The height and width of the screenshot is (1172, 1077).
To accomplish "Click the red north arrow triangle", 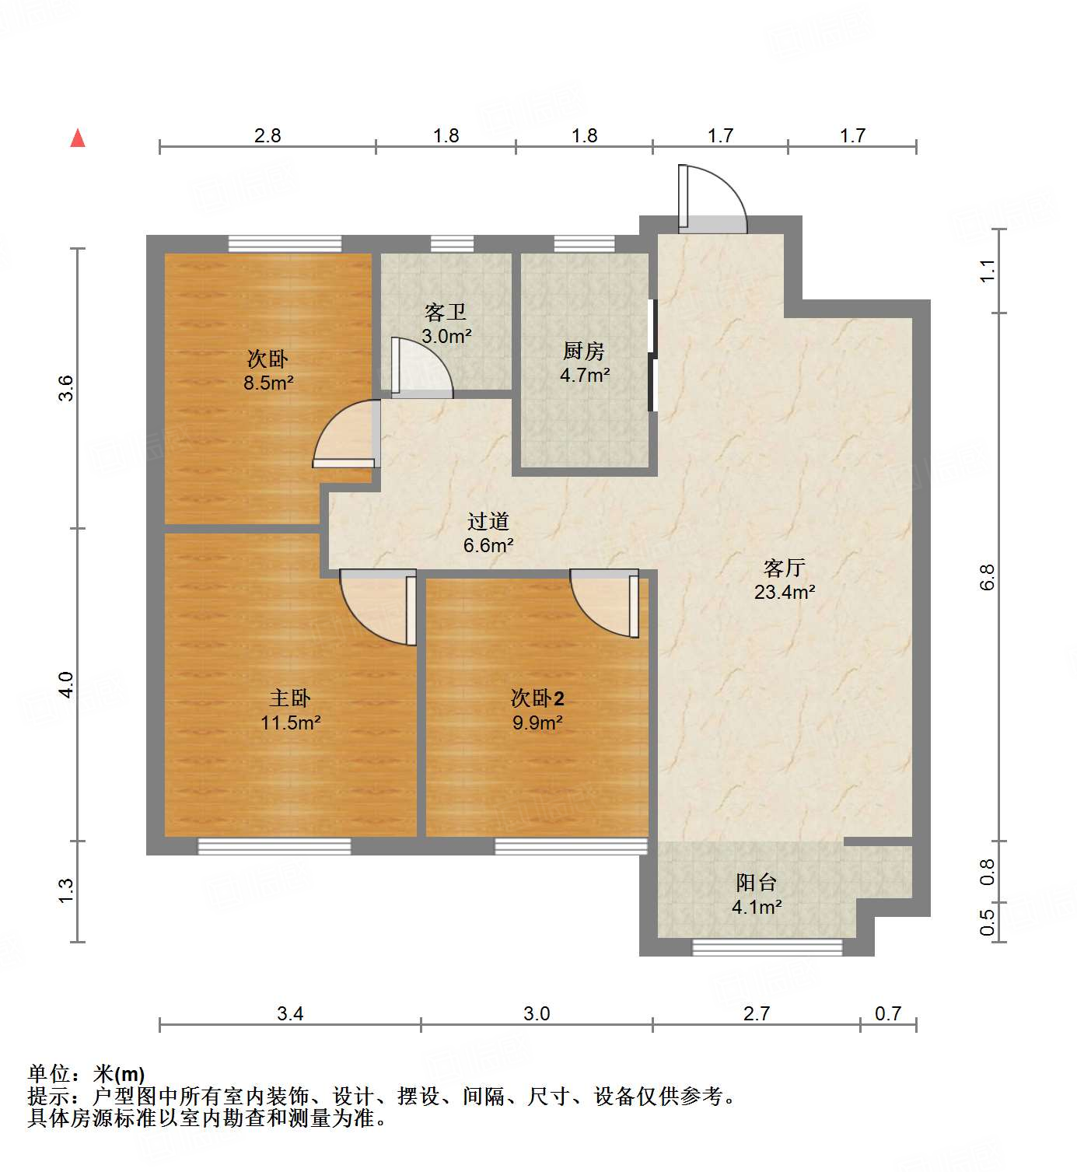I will click(78, 138).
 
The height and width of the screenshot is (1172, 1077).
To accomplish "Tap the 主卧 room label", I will click(290, 698).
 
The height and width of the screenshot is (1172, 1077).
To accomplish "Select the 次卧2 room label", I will click(537, 698).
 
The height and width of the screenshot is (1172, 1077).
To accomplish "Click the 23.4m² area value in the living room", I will click(785, 593).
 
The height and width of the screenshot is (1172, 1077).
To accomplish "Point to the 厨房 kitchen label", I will click(584, 352).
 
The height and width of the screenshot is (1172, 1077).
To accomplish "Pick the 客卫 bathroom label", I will click(446, 313).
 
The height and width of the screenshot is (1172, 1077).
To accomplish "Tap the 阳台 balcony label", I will click(757, 883).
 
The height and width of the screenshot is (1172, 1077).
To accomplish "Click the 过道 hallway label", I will click(488, 522).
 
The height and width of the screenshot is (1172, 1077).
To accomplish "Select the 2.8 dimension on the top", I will click(268, 136).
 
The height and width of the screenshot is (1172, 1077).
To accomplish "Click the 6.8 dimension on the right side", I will click(987, 577).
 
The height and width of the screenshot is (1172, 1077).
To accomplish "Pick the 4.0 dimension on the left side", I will click(66, 684).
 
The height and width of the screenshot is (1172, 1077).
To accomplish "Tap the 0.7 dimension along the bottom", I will click(887, 1013).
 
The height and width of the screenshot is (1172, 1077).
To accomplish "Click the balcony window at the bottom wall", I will click(768, 947).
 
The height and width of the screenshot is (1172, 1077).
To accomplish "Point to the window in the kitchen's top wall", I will click(585, 244).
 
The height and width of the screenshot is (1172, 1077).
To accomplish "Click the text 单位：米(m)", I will click(86, 1074).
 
